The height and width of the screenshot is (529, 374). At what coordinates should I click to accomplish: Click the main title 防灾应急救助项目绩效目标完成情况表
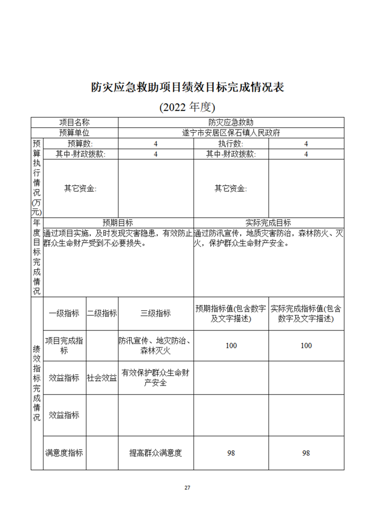point(187,87)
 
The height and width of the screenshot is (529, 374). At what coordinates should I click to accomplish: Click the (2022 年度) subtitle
point(187,107)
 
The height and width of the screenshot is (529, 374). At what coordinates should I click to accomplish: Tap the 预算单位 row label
point(74,133)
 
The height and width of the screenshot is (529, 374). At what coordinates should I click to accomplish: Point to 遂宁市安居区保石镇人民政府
point(231,133)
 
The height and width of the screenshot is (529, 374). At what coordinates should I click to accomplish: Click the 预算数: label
point(80,144)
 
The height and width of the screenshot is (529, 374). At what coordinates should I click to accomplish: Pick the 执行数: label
point(231,144)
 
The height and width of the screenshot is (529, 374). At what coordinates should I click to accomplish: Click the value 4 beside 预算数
point(156,144)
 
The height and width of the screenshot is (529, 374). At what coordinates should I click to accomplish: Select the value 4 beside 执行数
point(306,144)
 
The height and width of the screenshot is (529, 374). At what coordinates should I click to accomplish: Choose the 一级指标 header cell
point(64,314)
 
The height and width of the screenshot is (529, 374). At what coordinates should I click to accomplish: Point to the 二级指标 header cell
point(102,314)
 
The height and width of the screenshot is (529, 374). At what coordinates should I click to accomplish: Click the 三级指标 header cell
point(156,314)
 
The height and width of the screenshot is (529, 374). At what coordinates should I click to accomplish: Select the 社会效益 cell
point(102,378)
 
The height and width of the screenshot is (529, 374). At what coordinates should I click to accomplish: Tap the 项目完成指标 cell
point(64,346)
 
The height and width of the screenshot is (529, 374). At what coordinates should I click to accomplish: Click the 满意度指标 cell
point(64,453)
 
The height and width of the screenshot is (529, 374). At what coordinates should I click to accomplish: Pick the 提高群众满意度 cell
point(156,453)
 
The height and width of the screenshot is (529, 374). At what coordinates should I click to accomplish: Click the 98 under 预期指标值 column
point(231,453)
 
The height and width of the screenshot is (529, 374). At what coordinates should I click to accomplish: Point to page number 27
point(187,488)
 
